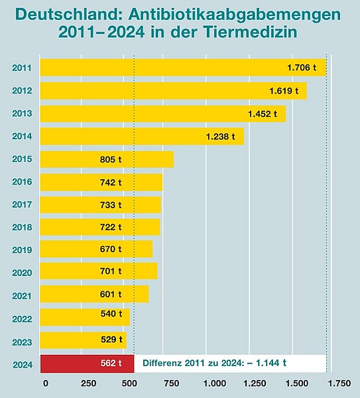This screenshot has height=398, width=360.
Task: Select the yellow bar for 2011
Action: [182, 68]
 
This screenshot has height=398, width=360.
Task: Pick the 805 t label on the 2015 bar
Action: [111, 160]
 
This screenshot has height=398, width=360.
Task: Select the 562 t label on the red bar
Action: [111, 363]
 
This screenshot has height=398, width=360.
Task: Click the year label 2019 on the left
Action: [22, 250]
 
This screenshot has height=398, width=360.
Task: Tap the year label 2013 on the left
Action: [22, 115]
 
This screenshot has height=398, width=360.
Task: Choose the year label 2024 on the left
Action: [22, 364]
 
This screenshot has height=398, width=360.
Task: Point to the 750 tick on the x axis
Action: [172, 383]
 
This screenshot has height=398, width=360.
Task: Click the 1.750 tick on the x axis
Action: [339, 383]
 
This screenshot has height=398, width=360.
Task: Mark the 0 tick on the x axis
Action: [45, 383]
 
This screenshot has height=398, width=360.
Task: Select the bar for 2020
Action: [99, 271]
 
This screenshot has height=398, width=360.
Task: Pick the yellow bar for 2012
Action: [172, 91]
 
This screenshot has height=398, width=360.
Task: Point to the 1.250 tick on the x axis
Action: [255, 383]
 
